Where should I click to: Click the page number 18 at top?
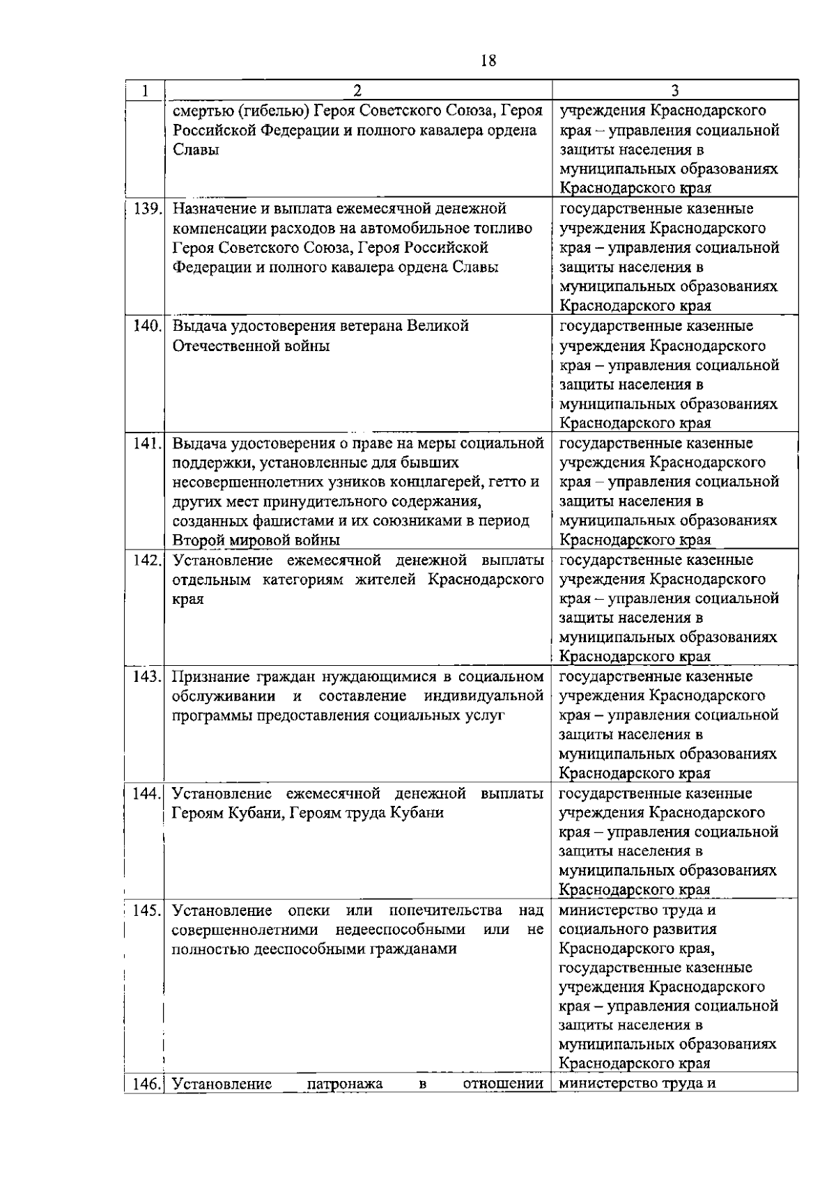(488, 61)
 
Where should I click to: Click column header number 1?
(145, 91)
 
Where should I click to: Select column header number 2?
(357, 91)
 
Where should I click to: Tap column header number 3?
(674, 91)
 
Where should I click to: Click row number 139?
(147, 209)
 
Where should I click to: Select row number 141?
(147, 444)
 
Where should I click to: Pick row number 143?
(147, 677)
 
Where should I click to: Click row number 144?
(147, 794)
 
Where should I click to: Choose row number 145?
(147, 911)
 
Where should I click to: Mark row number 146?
(147, 1084)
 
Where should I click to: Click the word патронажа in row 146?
(345, 1084)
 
